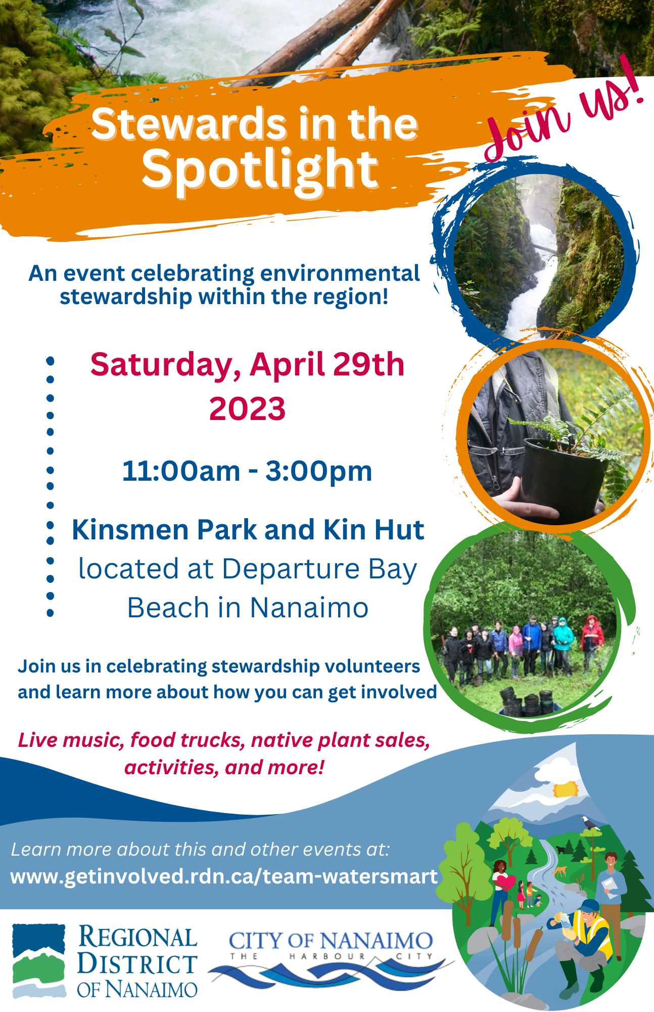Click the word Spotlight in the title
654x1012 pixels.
260,170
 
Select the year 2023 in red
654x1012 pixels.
247,409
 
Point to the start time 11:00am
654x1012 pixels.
181,471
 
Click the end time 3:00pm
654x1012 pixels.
319,471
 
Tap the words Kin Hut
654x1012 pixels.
373,530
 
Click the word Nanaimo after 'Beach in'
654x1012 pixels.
309,607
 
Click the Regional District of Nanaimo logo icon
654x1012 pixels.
39,960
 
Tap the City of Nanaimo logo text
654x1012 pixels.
331,941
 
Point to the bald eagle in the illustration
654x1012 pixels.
589,824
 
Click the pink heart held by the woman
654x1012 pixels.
506,882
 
